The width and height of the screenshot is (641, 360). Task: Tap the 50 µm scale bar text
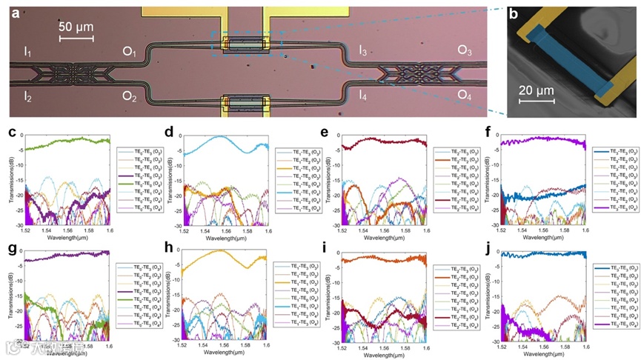(76, 27)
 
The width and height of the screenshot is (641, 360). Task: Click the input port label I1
(27, 53)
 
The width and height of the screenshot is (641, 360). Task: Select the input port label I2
(27, 96)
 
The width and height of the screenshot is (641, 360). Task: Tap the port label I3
(362, 51)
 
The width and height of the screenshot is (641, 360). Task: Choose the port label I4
(362, 95)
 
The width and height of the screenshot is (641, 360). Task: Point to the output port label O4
(465, 95)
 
